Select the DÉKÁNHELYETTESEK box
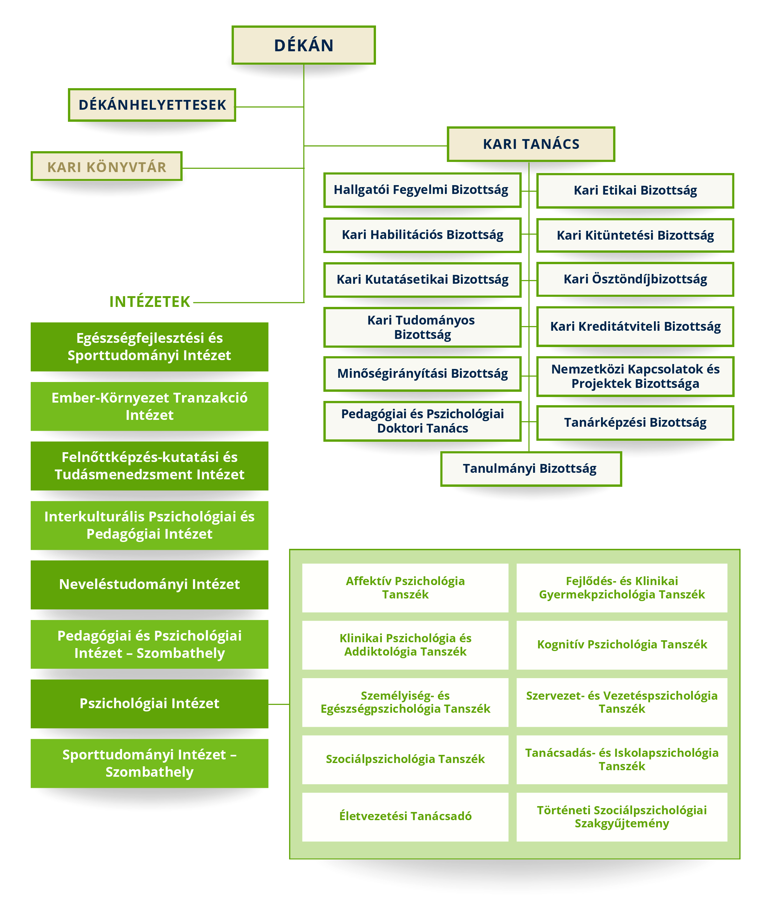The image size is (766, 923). [152, 105]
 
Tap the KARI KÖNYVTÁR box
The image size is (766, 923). [106, 167]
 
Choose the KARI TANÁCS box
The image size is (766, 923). [531, 144]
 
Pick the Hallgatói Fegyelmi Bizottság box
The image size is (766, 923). [422, 190]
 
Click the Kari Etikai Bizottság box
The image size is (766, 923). [635, 191]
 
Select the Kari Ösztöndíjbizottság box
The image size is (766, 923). [635, 279]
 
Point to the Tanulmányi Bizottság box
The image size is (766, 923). [531, 469]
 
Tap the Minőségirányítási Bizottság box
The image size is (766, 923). [422, 374]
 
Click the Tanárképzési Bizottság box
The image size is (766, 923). [635, 423]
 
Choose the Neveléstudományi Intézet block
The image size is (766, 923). [150, 584]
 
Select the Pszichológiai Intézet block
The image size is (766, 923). [150, 704]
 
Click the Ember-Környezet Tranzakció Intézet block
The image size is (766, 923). [150, 406]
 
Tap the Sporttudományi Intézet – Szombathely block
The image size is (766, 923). [150, 763]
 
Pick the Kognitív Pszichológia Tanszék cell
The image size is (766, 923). [622, 645]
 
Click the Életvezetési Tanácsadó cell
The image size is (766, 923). [405, 817]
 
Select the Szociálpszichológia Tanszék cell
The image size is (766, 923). [405, 759]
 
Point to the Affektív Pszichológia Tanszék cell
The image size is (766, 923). [405, 588]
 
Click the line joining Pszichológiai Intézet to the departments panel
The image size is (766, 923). [279, 704]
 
